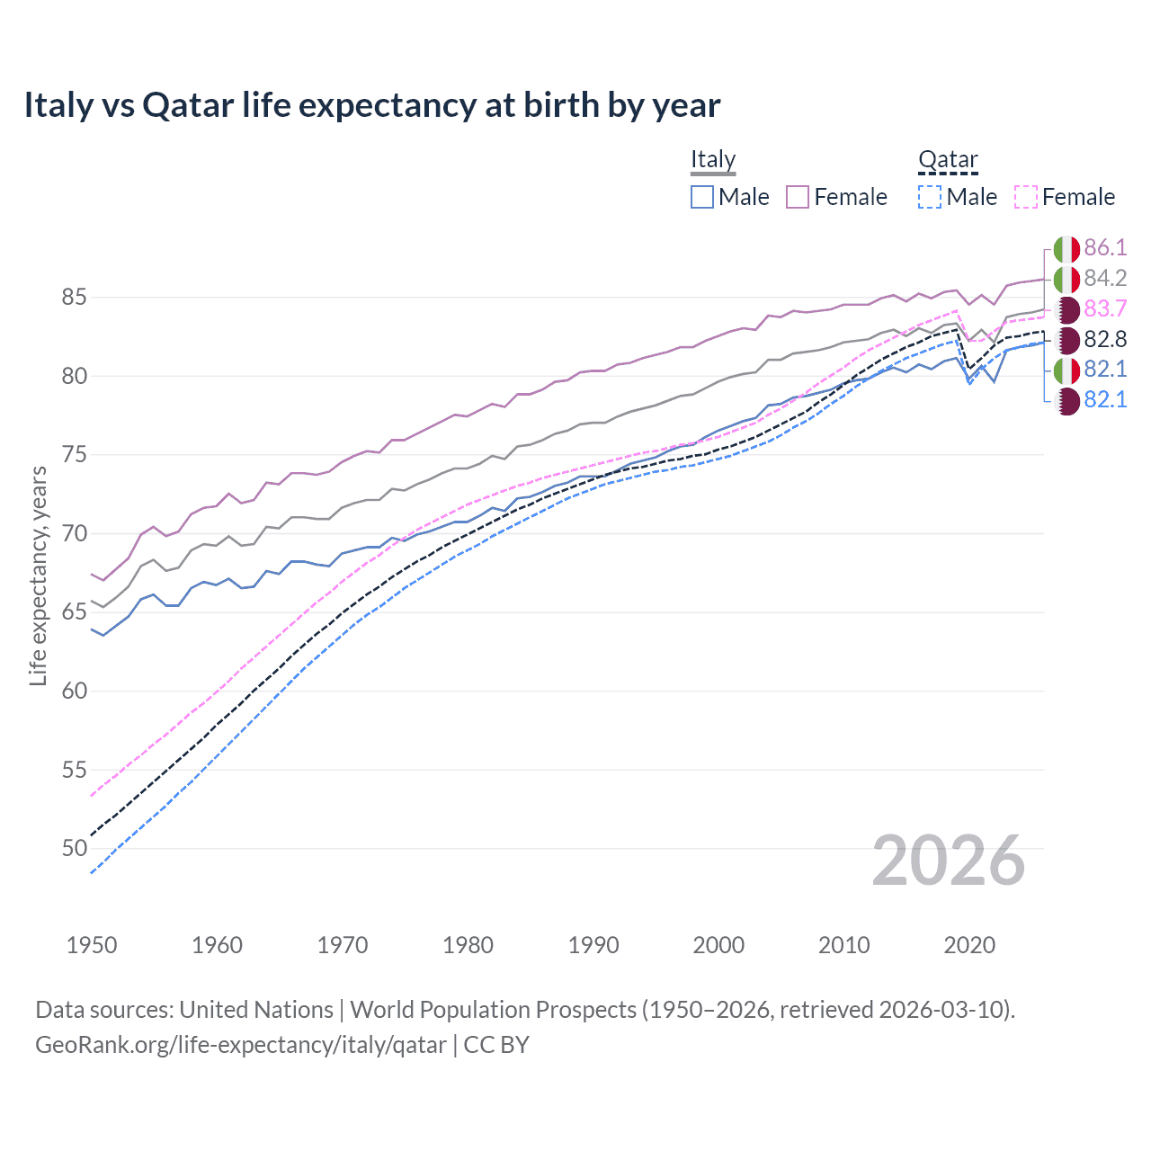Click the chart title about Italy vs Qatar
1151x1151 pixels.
point(371,105)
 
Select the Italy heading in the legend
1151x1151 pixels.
point(713,159)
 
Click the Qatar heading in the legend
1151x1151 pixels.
point(948,159)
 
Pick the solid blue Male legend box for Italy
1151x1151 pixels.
point(702,197)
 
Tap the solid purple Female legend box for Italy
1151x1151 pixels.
point(798,197)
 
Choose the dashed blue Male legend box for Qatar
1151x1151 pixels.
point(930,197)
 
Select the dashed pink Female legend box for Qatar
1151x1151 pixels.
point(1026,197)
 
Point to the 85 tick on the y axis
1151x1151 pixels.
point(75,297)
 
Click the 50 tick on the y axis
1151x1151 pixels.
point(75,848)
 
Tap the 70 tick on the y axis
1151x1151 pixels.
point(75,533)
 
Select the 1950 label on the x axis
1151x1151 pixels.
point(92,945)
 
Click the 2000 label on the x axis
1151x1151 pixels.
point(718,945)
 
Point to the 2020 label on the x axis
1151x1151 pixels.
point(969,945)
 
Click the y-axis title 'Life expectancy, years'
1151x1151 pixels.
point(38,575)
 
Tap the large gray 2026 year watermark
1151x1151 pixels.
point(949,861)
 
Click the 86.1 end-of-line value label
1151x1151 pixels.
point(1105,248)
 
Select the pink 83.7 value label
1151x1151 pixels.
point(1105,309)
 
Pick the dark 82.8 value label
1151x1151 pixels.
point(1105,340)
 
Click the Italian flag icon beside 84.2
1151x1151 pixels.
point(1066,279)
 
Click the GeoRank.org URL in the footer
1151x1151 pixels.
point(240,1045)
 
